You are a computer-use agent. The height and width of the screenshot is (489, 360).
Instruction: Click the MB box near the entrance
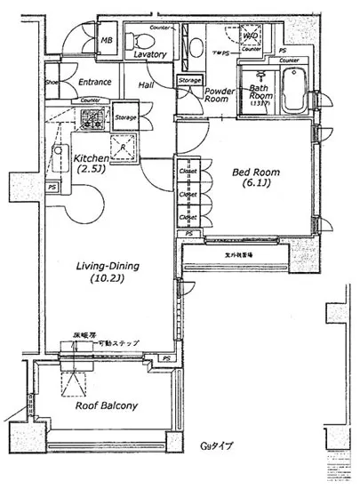click(x=106, y=40)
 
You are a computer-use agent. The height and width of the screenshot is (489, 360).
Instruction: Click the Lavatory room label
click(x=151, y=55)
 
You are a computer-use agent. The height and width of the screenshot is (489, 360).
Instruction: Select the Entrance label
click(x=94, y=83)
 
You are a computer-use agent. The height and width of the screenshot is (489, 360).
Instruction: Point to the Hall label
click(x=148, y=84)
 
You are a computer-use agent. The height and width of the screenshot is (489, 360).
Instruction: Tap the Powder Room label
click(x=220, y=96)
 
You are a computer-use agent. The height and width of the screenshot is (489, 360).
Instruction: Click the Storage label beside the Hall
click(x=188, y=81)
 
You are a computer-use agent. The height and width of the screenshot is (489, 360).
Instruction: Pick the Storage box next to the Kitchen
click(x=125, y=117)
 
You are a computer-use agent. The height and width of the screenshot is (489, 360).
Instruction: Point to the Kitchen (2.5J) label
click(x=90, y=162)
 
